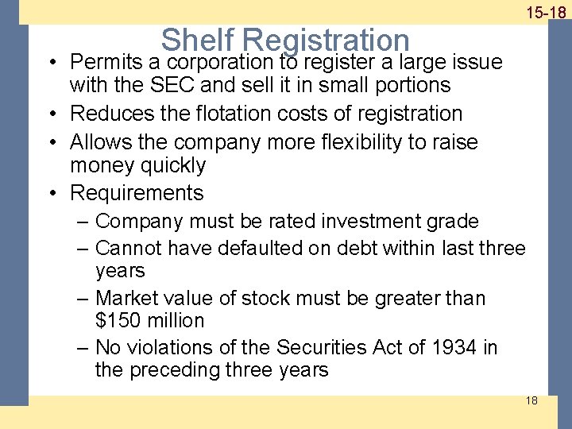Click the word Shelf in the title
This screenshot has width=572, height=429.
click(x=199, y=40)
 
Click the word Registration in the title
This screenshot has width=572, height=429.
click(x=327, y=40)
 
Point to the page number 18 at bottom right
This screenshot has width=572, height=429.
click(x=531, y=400)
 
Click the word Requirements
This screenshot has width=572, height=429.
click(x=137, y=193)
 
